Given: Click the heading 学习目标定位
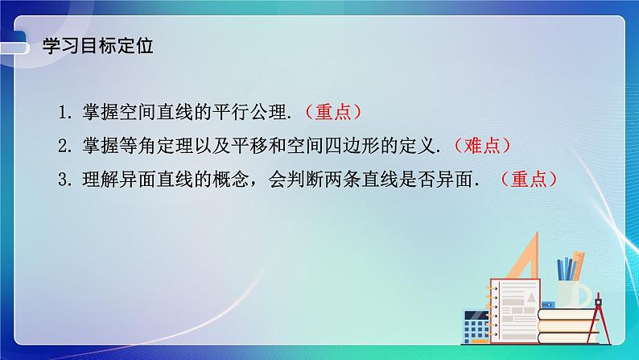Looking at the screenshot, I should point(97,46).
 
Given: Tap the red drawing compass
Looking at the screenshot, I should point(599,318).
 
